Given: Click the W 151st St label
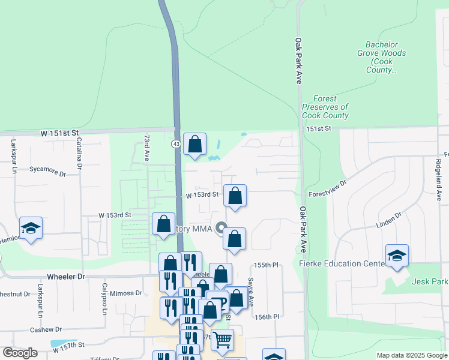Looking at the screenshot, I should (60, 132).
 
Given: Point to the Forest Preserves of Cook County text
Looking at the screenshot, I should (325, 107).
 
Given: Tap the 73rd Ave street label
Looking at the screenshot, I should (146, 148).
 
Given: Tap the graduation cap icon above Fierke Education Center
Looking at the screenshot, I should (397, 256).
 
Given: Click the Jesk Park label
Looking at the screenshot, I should (430, 281).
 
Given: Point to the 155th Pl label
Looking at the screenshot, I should (267, 265).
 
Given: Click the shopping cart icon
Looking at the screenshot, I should (222, 340).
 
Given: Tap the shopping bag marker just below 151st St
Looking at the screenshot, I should (194, 144).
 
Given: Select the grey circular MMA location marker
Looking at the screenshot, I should (221, 228).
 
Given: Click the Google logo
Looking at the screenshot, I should (20, 353).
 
